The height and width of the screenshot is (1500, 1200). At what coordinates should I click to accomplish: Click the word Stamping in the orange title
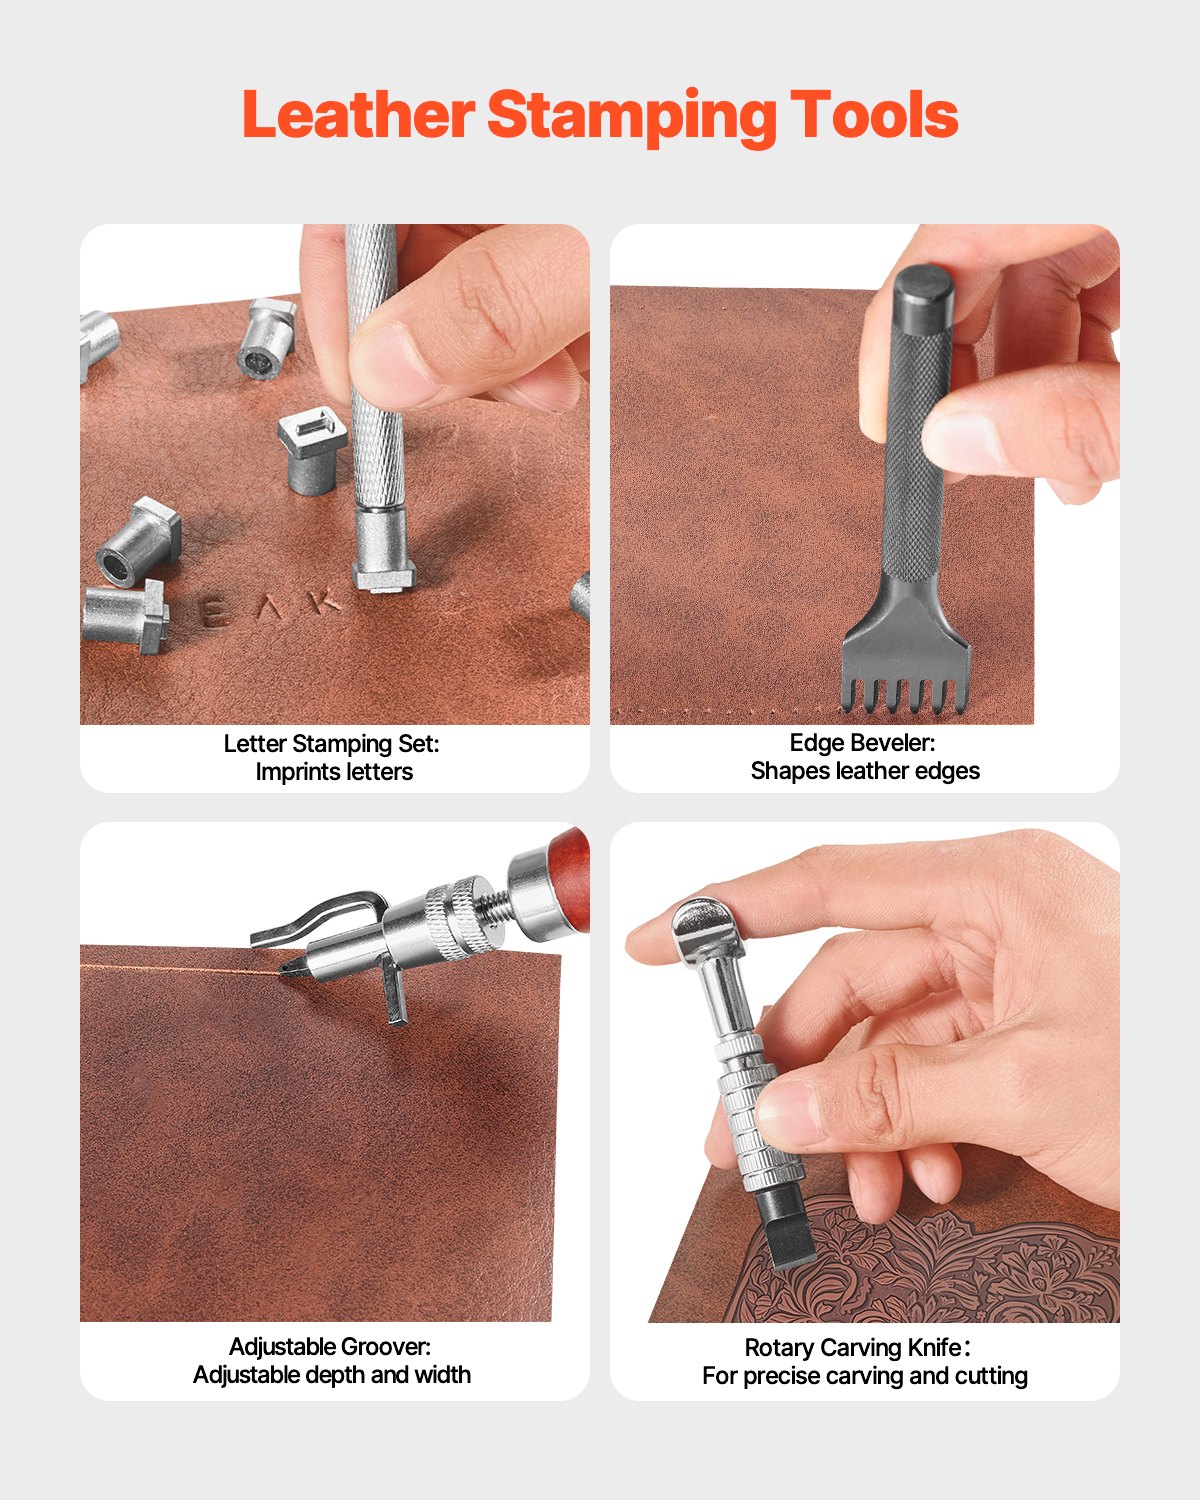(631, 116)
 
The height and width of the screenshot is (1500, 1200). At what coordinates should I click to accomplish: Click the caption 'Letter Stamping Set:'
(332, 744)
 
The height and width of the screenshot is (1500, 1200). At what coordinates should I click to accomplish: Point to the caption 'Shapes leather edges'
(865, 771)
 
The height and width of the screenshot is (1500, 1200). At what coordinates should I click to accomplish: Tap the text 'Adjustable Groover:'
(330, 1347)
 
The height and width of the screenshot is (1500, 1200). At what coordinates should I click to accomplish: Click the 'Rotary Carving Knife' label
(856, 1348)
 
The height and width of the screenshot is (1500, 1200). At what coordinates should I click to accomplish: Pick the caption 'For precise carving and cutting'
(865, 1376)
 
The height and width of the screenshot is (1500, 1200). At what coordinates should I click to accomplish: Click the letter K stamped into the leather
(322, 603)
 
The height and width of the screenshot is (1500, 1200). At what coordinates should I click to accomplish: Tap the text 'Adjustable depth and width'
(332, 1375)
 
